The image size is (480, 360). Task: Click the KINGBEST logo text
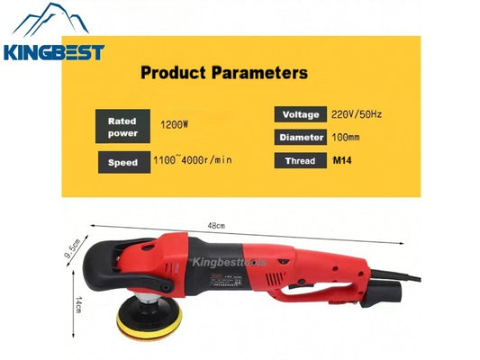tap(54, 52)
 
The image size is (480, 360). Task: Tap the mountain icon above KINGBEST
tap(55, 22)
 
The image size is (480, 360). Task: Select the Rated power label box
tap(122, 126)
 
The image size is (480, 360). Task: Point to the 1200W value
tap(175, 126)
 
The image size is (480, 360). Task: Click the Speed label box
tap(122, 162)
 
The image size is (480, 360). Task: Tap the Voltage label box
tap(301, 115)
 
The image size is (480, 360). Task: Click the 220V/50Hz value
tap(357, 114)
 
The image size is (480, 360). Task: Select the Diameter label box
tap(301, 138)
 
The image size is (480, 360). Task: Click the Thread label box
tap(301, 160)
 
